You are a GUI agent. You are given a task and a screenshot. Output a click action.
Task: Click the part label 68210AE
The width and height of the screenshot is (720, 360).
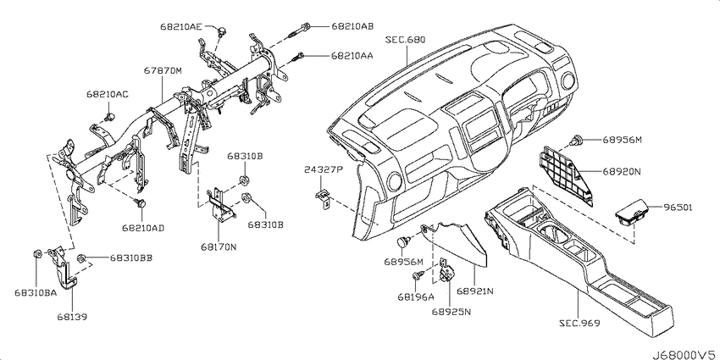tap(181, 26)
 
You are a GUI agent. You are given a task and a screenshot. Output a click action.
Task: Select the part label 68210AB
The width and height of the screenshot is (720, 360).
tap(352, 26)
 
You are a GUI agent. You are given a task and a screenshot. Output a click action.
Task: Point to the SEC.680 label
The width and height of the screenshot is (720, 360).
tap(407, 40)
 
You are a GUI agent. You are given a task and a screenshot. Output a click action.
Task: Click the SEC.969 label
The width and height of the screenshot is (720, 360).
tap(579, 324)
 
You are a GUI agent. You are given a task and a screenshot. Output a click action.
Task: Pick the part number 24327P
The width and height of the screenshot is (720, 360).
tap(324, 170)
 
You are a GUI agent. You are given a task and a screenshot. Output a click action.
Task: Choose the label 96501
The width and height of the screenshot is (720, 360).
tap(678, 208)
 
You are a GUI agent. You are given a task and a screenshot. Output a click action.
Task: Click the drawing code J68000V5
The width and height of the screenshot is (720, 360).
tap(683, 354)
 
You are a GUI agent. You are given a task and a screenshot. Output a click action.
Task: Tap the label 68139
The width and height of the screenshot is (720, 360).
tap(73, 317)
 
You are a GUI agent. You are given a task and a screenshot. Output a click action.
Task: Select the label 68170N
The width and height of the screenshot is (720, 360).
tap(218, 247)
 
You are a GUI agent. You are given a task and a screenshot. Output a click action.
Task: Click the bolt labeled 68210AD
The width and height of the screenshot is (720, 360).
tap(141, 202)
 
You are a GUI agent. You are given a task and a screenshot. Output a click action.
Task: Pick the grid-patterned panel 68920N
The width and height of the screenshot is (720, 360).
tap(565, 172)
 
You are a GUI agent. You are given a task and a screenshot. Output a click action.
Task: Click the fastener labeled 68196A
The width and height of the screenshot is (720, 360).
tap(418, 275)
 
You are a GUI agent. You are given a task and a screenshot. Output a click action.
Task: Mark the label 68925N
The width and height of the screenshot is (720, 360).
tap(451, 312)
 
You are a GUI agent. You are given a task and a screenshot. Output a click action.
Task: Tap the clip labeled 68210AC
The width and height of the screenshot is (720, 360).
tap(110, 117)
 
